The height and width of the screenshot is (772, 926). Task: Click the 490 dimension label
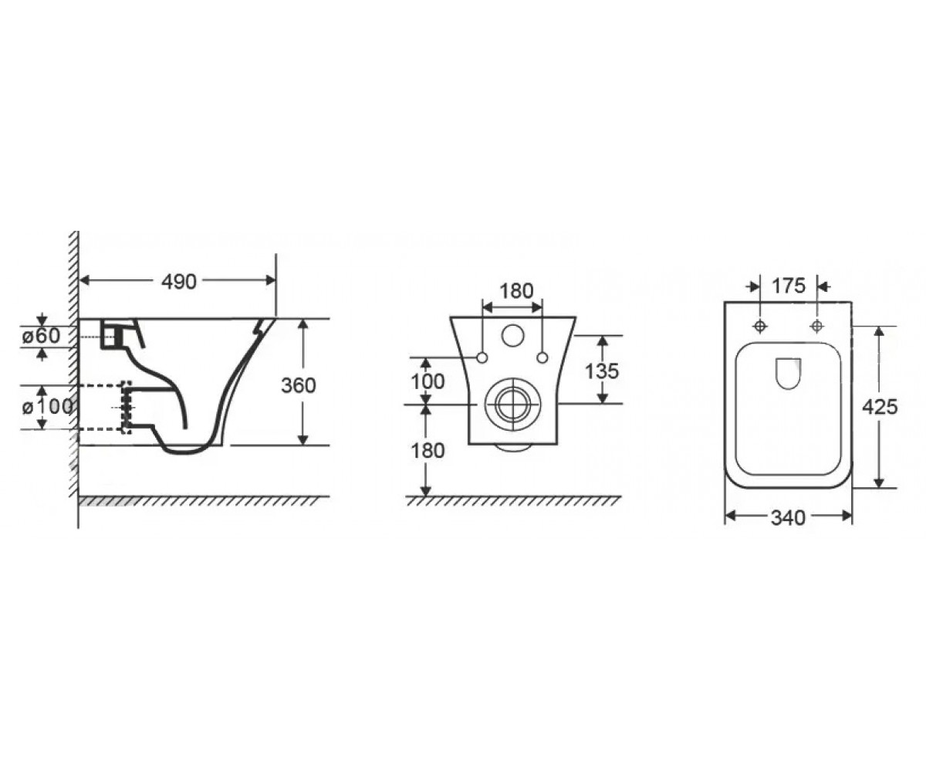click(179, 282)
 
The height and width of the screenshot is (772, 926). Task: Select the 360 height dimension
click(299, 385)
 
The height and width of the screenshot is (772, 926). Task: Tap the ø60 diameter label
click(41, 336)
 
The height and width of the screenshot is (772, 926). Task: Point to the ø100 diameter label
click(47, 406)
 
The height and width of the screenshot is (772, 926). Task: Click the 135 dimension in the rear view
click(602, 371)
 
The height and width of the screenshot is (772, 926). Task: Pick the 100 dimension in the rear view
click(428, 381)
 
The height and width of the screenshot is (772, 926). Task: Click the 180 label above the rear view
click(516, 291)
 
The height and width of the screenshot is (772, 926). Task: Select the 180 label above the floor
click(428, 451)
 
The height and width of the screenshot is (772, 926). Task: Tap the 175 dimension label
click(789, 286)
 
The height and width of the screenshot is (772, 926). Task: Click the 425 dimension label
click(880, 407)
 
